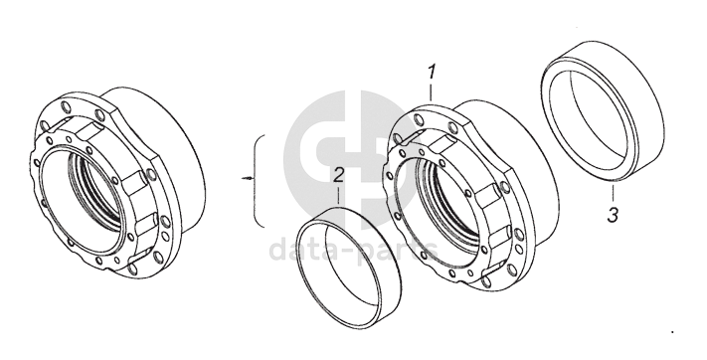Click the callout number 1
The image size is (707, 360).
coord(432,73)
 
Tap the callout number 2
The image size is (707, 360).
coord(339,175)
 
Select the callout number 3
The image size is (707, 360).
coord(613,215)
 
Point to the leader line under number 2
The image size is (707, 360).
coord(339,196)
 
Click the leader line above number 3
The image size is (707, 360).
coord(613,192)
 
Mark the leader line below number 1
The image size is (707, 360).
coord(431,92)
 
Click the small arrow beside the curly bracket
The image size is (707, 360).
coord(247,179)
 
